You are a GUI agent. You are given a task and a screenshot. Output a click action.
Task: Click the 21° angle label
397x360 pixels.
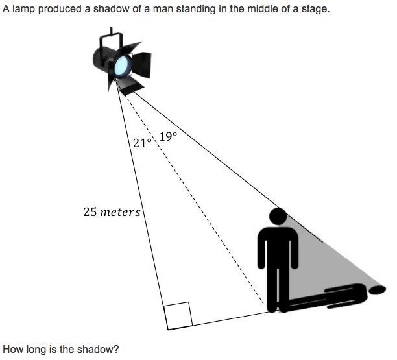click(141, 143)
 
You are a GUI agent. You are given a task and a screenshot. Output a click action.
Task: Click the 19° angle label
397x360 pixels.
click(167, 137)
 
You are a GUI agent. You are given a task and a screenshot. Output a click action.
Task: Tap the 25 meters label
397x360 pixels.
click(112, 211)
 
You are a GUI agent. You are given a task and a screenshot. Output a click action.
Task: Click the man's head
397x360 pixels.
click(278, 217)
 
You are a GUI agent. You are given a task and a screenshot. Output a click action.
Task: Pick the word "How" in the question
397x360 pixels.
click(13, 349)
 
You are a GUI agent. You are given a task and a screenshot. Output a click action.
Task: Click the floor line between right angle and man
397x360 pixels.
click(221, 320)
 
